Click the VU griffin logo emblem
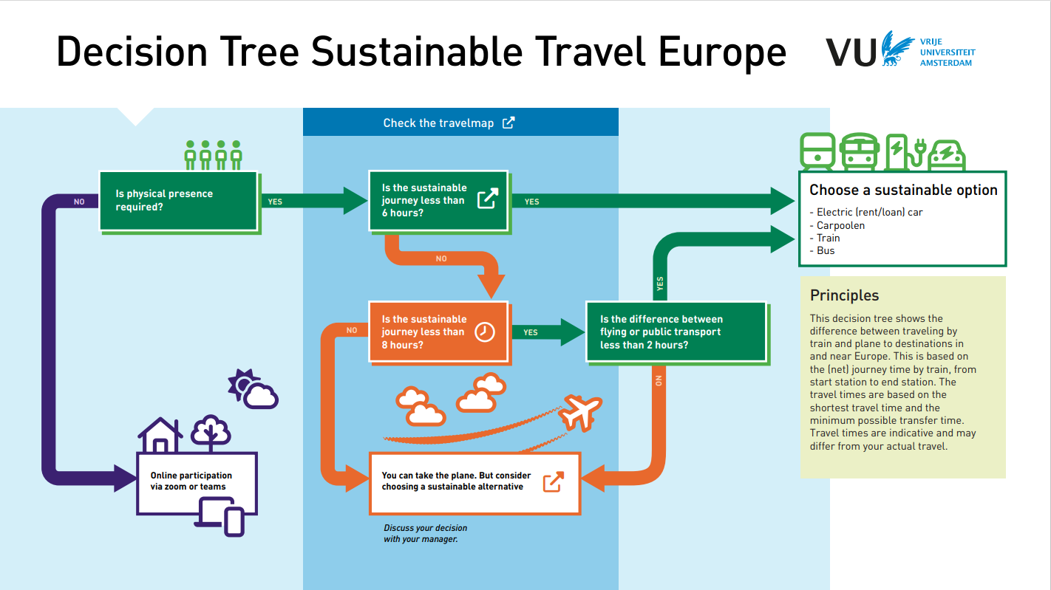[896, 49]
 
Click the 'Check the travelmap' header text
[438, 123]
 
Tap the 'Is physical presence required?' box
[178, 200]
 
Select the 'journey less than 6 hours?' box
[438, 200]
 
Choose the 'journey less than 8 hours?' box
[438, 332]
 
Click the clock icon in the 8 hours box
[485, 332]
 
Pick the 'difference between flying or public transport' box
[676, 332]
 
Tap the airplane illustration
[580, 412]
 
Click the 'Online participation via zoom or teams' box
[197, 481]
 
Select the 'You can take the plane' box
[474, 481]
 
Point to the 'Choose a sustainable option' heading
[903, 191]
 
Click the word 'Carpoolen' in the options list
[840, 225]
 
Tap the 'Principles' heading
[844, 295]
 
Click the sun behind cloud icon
[251, 389]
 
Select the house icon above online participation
[160, 435]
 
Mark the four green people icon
[214, 154]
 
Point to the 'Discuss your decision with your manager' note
[425, 534]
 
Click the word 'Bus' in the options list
[826, 251]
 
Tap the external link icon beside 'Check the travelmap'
[509, 123]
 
